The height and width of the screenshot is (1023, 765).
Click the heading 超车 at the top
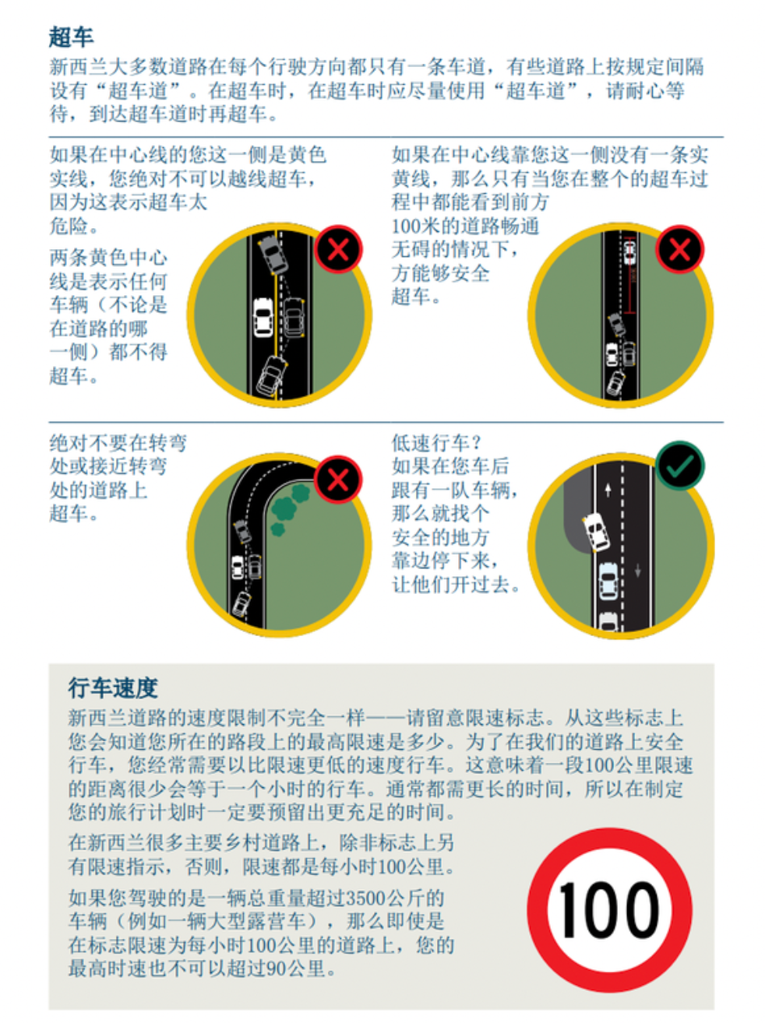pos(71,37)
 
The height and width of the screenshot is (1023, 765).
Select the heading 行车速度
pos(112,688)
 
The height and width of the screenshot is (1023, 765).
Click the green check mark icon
pos(679,466)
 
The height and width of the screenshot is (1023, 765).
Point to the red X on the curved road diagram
pos(337,480)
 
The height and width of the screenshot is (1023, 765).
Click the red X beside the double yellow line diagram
pos(337,250)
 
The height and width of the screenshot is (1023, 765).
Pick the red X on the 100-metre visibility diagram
pos(679,250)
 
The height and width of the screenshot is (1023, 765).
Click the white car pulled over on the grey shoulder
pos(596,531)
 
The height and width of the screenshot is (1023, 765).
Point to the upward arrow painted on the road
pos(608,490)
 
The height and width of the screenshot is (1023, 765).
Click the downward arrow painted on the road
pos(637,571)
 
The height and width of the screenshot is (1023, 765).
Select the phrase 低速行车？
pos(437,443)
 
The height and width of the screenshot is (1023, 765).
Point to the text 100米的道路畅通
pos(465,226)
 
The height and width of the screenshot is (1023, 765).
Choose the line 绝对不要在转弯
pos(118,443)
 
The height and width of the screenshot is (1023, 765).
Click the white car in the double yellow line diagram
pos(263,318)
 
